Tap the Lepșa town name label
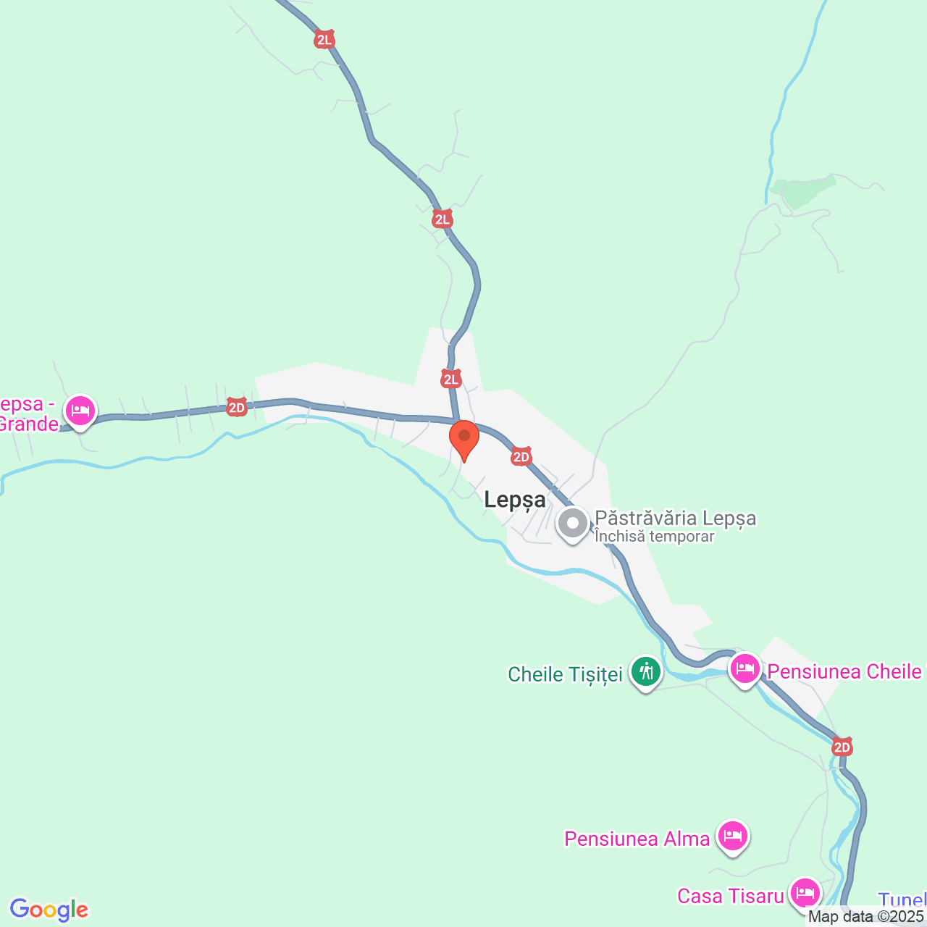514,500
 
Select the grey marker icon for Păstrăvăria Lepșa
573,523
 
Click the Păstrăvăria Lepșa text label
675,519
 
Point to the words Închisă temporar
654,537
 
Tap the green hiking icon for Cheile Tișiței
645,672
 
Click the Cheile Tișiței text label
565,675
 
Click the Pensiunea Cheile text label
844,672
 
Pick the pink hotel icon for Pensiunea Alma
733,836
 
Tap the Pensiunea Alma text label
637,839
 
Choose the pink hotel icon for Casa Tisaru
805,892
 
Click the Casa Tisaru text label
730,897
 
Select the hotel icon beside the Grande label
80,411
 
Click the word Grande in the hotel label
29,424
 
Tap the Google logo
49,910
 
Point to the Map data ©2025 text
866,917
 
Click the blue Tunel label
902,900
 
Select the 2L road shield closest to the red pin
450,379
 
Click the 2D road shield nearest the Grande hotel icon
236,408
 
